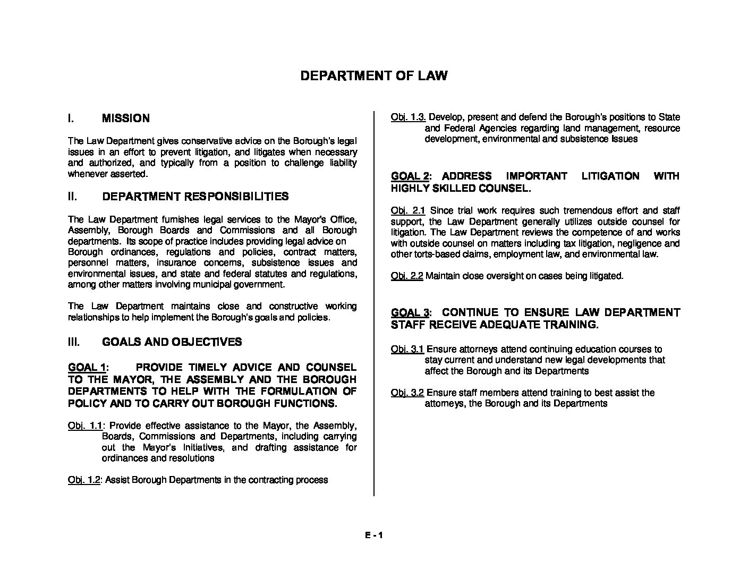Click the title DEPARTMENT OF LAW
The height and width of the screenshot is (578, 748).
click(373, 75)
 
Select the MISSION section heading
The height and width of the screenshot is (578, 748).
click(125, 118)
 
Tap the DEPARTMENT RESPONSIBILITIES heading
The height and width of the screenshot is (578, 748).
click(195, 197)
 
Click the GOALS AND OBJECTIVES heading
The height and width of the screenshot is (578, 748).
click(172, 342)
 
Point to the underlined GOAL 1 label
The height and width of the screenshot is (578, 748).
click(87, 368)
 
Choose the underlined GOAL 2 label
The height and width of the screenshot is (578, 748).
click(410, 176)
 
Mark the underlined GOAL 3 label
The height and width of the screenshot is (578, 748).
click(410, 312)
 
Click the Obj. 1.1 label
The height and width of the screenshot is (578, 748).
click(85, 426)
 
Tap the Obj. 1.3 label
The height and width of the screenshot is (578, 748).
click(408, 117)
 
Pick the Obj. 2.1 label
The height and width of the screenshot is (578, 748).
click(407, 211)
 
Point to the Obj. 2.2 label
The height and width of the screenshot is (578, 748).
click(406, 276)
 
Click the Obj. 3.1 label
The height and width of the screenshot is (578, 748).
click(407, 349)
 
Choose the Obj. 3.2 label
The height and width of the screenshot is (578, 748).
click(407, 393)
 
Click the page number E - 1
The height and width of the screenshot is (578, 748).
click(373, 535)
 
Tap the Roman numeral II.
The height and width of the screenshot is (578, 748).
click(72, 197)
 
